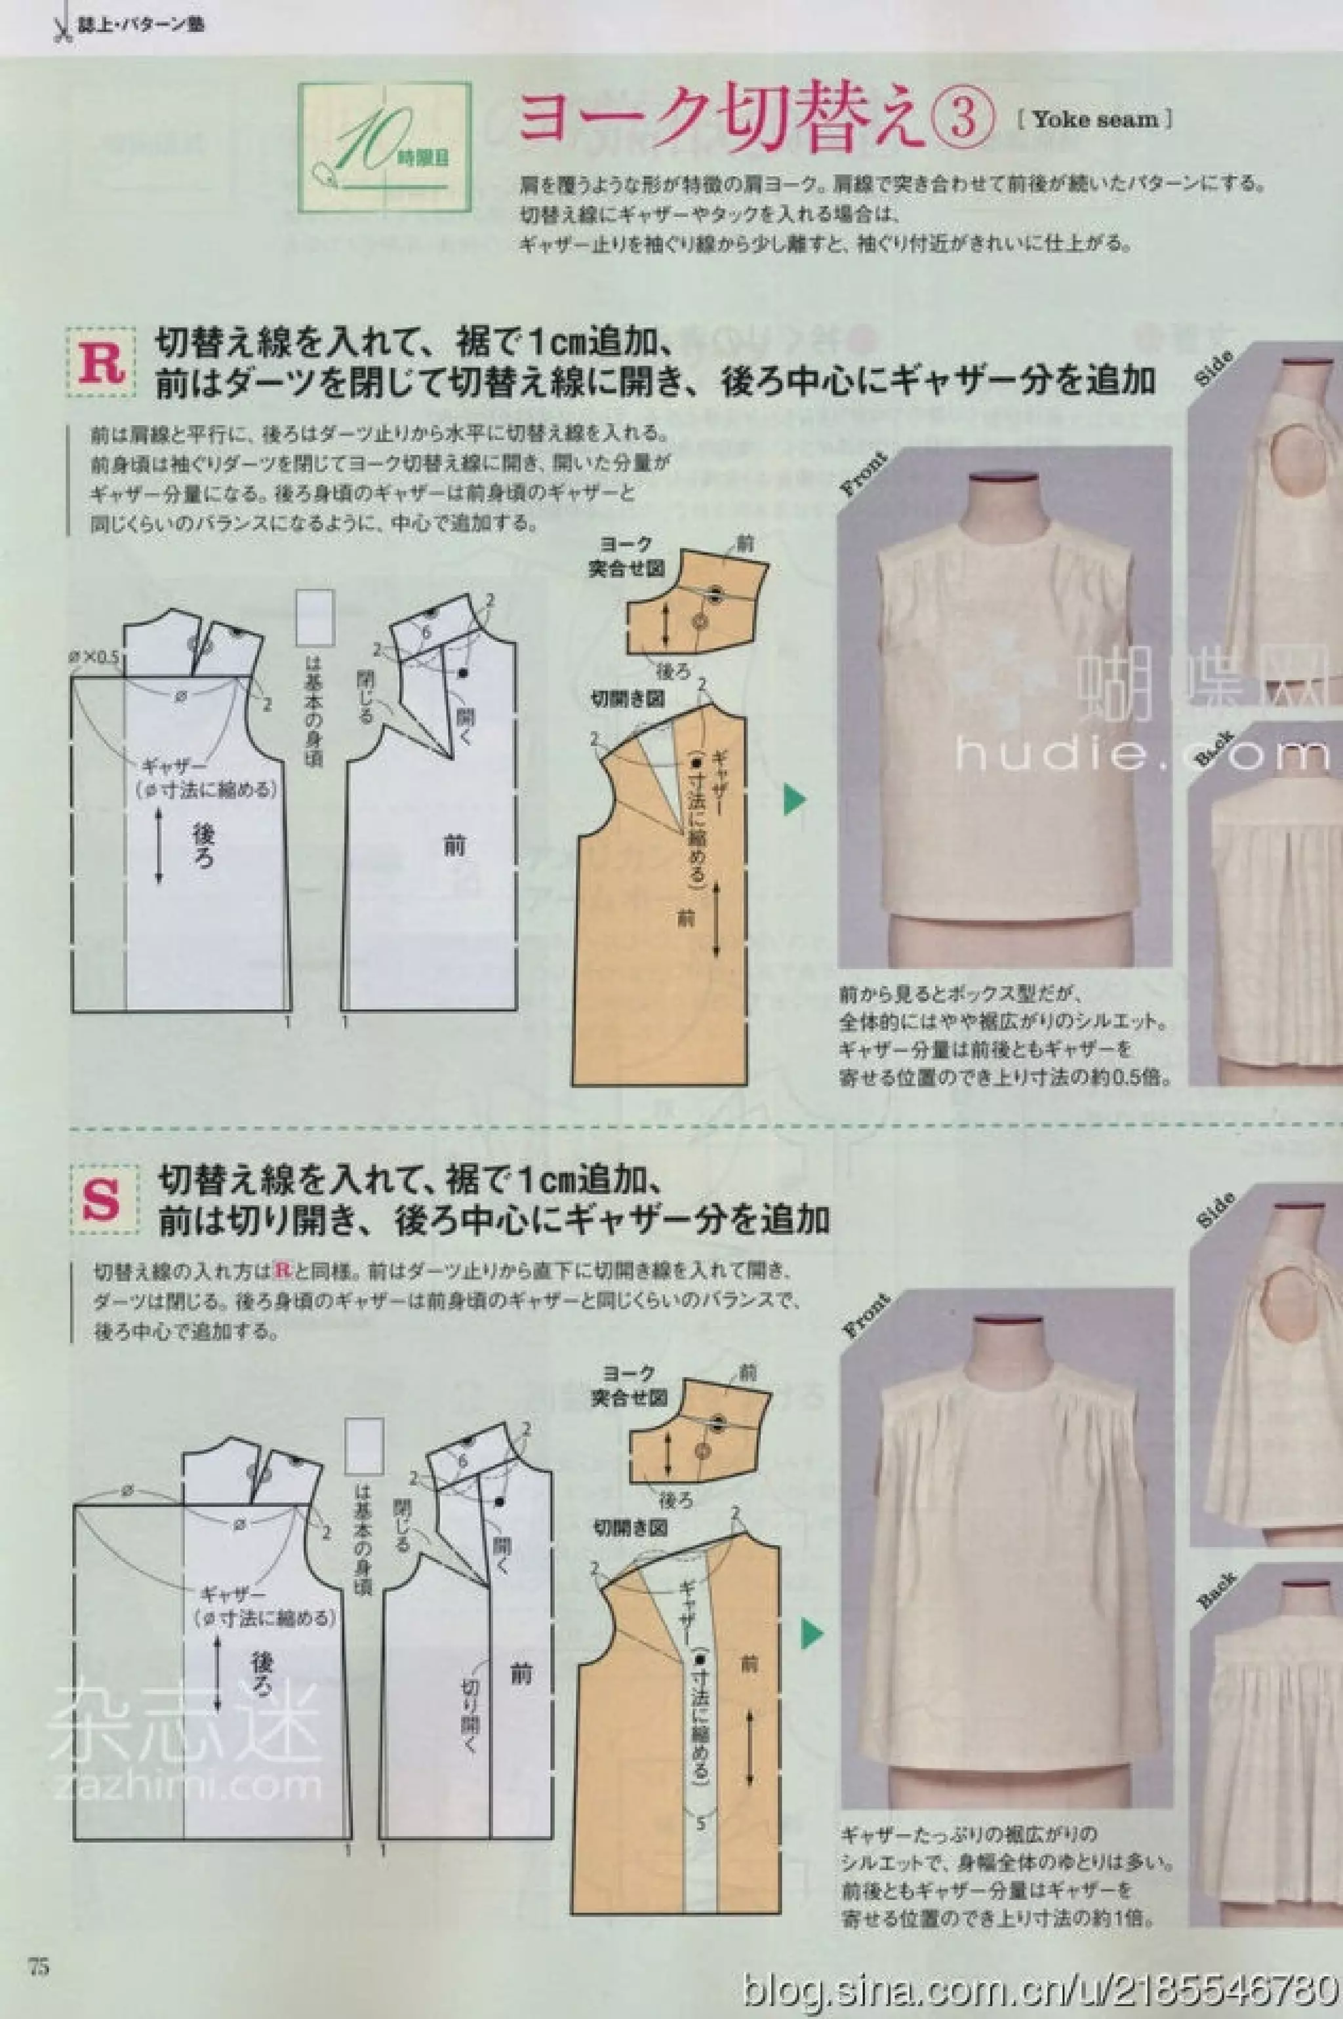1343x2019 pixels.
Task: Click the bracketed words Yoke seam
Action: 1094,120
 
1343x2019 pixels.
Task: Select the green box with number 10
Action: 384,148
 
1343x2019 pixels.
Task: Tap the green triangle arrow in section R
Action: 795,801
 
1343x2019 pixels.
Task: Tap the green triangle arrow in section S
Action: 811,1633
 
